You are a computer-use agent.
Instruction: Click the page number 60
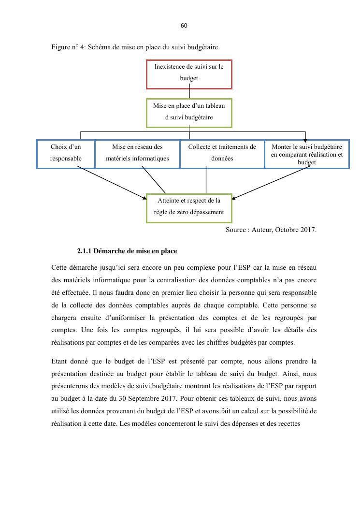(x=184, y=26)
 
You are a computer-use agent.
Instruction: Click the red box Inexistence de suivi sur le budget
(x=189, y=74)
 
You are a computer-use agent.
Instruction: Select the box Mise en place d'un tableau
(x=189, y=113)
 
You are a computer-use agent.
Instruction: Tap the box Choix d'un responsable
(x=66, y=154)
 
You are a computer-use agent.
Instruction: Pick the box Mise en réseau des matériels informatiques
(x=137, y=154)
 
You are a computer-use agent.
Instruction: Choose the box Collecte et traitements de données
(x=222, y=154)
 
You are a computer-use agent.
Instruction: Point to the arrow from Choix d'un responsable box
(x=111, y=183)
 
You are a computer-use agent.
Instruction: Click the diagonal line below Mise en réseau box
(x=154, y=180)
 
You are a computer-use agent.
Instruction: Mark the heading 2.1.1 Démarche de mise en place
(x=127, y=251)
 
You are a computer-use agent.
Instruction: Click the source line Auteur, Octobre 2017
(x=271, y=230)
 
